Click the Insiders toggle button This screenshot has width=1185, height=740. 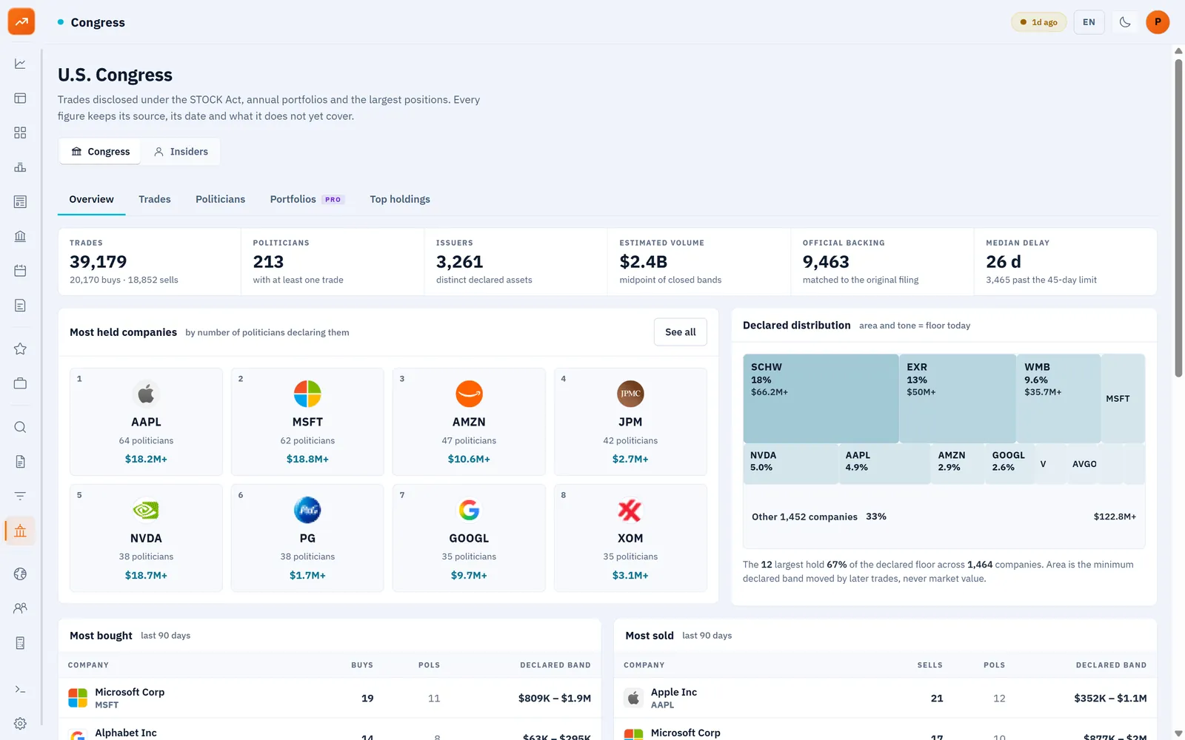[x=181, y=152]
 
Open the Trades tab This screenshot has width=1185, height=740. [x=155, y=199]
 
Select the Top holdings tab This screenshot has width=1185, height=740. [x=400, y=199]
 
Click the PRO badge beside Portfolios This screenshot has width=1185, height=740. [x=333, y=200]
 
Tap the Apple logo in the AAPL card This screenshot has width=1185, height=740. [x=146, y=394]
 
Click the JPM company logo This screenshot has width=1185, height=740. [x=630, y=394]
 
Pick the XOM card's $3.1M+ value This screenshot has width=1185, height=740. [x=630, y=575]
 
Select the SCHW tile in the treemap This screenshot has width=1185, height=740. [x=821, y=398]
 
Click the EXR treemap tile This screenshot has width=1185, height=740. [x=957, y=398]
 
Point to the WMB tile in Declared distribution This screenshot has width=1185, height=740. [x=1058, y=398]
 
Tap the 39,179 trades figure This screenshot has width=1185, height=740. [x=99, y=262]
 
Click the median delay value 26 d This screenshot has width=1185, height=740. [x=1004, y=262]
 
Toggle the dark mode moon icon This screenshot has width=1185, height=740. [x=1125, y=22]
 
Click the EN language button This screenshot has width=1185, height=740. [x=1089, y=22]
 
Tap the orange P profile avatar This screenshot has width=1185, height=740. [x=1158, y=22]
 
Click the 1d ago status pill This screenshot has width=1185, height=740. [x=1038, y=22]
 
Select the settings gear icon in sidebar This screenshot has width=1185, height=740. [x=20, y=723]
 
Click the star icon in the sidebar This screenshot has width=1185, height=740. [x=20, y=349]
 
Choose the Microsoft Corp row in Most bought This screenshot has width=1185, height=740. [x=329, y=698]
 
